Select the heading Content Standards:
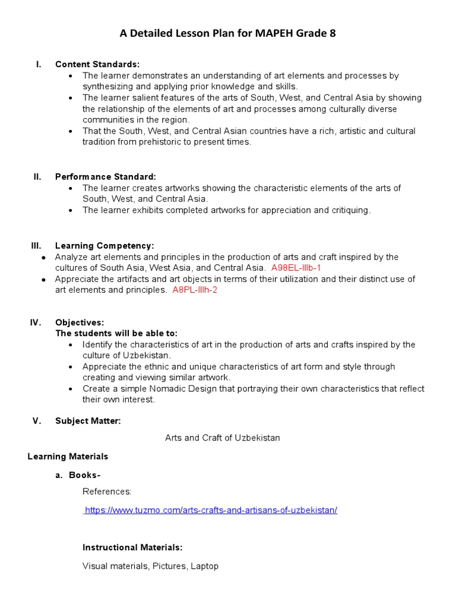(97, 64)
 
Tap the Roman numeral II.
(37, 176)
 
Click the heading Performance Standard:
(106, 176)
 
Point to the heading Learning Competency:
(104, 245)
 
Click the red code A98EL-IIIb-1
(296, 268)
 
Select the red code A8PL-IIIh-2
(195, 290)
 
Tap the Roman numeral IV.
(36, 322)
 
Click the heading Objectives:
(80, 322)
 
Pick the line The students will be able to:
(116, 333)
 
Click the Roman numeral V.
(36, 421)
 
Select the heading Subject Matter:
(88, 421)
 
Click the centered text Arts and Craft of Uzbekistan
(222, 438)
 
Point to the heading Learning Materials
(68, 456)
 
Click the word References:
(107, 491)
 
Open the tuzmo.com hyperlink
(211, 510)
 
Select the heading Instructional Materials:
(132, 547)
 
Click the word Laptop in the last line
(204, 566)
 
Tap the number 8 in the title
(332, 34)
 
